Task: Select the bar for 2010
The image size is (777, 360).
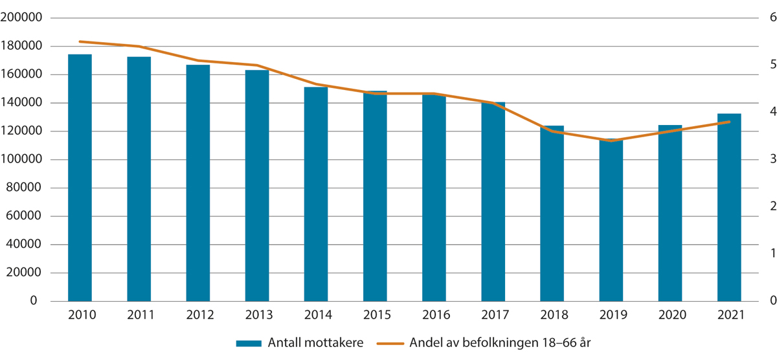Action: click(x=80, y=177)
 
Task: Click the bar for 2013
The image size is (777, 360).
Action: click(x=257, y=185)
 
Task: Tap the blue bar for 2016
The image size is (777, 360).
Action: click(x=434, y=197)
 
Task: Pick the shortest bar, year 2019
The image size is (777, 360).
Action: click(x=611, y=220)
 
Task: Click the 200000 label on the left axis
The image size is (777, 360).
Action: click(x=21, y=18)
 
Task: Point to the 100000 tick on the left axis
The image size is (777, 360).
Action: click(x=21, y=160)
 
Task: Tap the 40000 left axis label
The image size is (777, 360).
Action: click(x=25, y=245)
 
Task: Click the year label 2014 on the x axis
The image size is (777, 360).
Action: click(x=316, y=315)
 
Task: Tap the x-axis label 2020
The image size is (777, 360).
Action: click(x=670, y=315)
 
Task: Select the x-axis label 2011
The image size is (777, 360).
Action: click(x=139, y=315)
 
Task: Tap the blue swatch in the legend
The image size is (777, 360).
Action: click(x=249, y=343)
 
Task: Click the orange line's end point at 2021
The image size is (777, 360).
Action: click(x=729, y=122)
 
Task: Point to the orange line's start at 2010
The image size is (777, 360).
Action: click(x=80, y=41)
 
